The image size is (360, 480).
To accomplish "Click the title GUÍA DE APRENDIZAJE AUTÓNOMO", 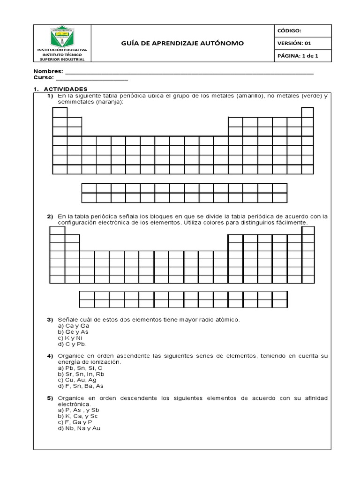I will click(183, 43).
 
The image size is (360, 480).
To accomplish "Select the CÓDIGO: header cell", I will click(292, 30).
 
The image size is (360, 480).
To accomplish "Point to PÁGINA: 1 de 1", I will click(298, 56).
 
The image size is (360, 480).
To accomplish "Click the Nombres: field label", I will click(48, 72).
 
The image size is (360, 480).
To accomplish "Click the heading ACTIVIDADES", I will click(66, 89).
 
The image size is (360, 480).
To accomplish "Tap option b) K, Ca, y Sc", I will click(78, 416).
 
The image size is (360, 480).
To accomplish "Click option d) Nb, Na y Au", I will click(79, 428).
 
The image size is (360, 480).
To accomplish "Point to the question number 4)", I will click(50, 356).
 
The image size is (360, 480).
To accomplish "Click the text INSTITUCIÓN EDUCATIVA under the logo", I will click(62, 49).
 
